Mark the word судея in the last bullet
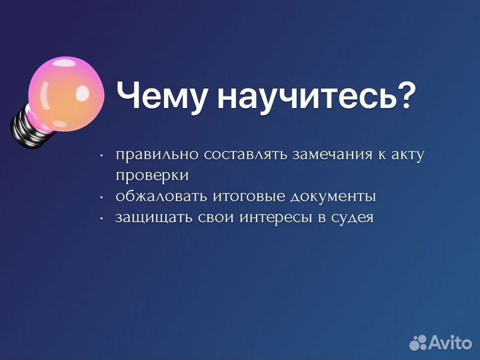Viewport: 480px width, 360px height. click(x=353, y=217)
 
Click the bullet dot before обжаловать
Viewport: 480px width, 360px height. click(x=101, y=197)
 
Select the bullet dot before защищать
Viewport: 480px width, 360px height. click(x=101, y=218)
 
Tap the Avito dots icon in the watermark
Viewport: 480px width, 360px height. click(x=418, y=343)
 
